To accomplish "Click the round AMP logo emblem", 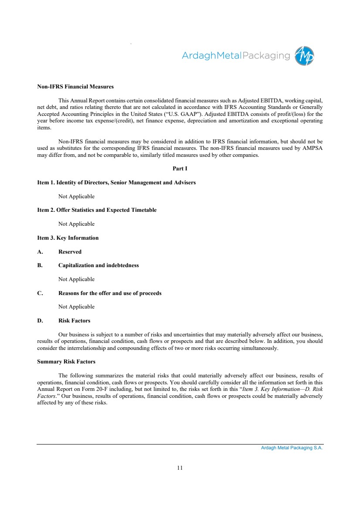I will [x=304, y=56].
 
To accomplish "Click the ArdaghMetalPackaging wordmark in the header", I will [x=235, y=56].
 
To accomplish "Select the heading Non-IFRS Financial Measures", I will [x=75, y=86].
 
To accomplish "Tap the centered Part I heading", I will [x=180, y=168].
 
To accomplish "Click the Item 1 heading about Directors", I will [x=116, y=182].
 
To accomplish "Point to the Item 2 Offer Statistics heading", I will [x=97, y=210].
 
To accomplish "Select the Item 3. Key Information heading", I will [x=68, y=238].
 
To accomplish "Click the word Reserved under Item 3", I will [x=70, y=252].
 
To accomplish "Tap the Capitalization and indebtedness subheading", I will [x=98, y=265].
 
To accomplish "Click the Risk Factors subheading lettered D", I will [x=74, y=321].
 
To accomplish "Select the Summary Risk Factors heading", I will [x=66, y=362].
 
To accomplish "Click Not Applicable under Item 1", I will [x=76, y=196].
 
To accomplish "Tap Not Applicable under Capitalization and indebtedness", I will [x=76, y=279].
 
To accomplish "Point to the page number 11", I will [x=180, y=468].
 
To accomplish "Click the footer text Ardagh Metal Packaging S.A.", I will [x=292, y=448].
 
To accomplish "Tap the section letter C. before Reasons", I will [x=40, y=293].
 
